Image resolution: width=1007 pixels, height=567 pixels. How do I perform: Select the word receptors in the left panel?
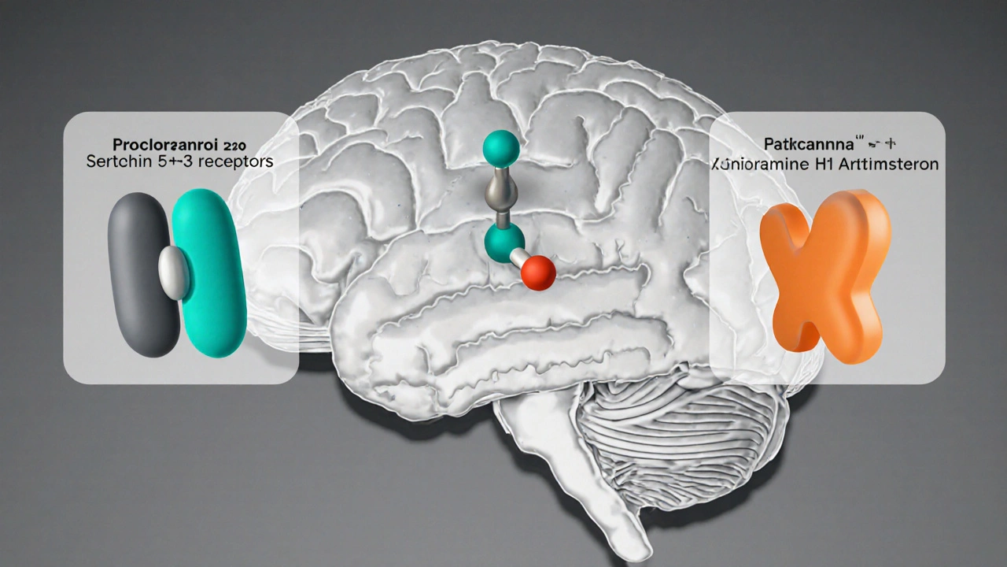[x=234, y=161]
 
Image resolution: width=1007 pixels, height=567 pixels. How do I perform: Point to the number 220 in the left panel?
[x=234, y=146]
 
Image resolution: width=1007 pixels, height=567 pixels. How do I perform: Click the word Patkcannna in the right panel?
[x=810, y=145]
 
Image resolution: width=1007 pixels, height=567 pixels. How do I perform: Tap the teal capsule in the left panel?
[x=210, y=272]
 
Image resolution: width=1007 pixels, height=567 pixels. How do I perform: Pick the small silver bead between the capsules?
[x=174, y=272]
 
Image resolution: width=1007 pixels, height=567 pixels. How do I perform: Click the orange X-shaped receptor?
[x=826, y=276]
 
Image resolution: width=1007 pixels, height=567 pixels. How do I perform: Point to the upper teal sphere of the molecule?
[x=500, y=147]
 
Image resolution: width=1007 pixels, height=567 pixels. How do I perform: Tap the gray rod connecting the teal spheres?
[x=497, y=193]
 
